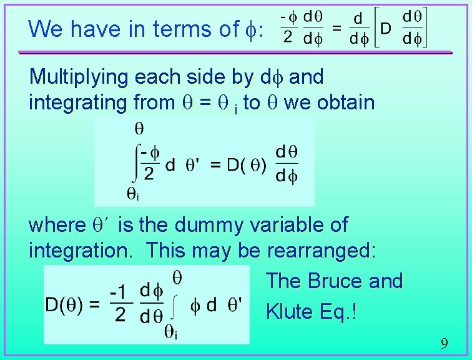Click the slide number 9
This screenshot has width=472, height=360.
click(444, 343)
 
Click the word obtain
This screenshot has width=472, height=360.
click(345, 102)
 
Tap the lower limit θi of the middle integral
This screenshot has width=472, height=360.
click(132, 195)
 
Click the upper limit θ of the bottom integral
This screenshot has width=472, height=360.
click(177, 276)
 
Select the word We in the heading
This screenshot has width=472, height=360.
click(44, 28)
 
